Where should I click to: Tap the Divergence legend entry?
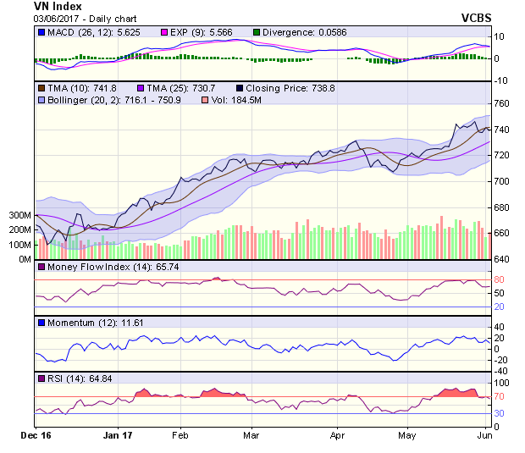click(297, 32)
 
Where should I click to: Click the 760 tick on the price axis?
click(503, 104)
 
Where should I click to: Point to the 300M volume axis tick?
click(20, 216)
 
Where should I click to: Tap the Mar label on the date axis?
click(250, 437)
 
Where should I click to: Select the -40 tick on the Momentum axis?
click(501, 371)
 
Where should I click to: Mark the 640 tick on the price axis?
click(503, 259)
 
